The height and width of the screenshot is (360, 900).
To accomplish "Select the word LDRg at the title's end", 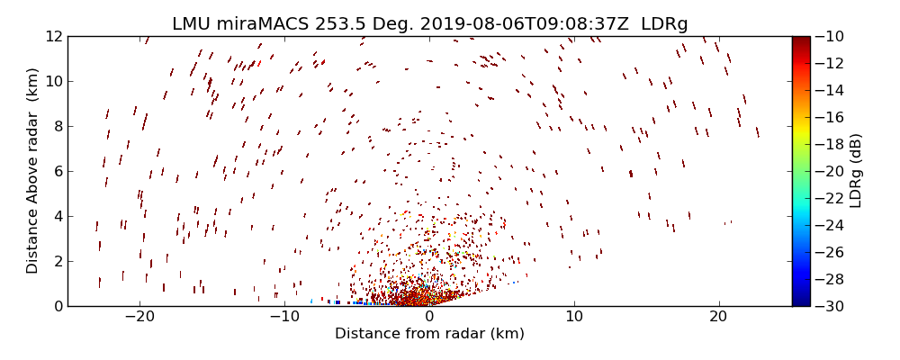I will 664,24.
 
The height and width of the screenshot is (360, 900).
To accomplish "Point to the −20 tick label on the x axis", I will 139,317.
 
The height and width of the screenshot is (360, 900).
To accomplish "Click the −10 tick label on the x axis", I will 284,317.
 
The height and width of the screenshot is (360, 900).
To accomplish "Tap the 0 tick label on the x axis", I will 429,317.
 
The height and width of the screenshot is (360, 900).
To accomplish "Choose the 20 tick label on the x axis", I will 718,317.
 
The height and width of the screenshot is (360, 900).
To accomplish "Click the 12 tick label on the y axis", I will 53,37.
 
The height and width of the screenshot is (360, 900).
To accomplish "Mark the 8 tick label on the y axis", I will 57,127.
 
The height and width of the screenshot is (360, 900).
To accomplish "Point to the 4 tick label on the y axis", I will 57,216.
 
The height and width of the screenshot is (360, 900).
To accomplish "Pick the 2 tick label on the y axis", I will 57,261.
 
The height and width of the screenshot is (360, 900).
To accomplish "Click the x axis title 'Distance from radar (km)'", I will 429,334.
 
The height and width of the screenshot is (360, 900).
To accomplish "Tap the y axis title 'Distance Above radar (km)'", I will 32,171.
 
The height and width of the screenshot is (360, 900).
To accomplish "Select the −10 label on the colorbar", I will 830,37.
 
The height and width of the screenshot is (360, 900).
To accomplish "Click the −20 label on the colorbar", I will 830,171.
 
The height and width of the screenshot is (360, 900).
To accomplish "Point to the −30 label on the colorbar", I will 830,306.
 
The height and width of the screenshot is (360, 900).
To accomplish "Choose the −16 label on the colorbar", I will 830,117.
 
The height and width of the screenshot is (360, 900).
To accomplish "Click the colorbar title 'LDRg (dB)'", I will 856,171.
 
